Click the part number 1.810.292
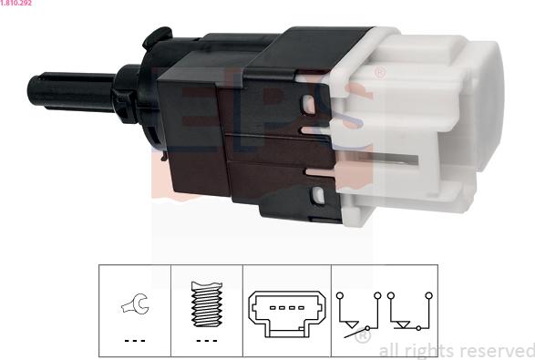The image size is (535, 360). tap(15, 3)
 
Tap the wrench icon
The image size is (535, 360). tap(135, 303)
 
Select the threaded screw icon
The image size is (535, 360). tap(207, 304)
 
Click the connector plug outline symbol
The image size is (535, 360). tap(287, 314)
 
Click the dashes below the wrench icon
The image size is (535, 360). tap(135, 341)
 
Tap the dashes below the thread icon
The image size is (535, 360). tap(207, 341)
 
